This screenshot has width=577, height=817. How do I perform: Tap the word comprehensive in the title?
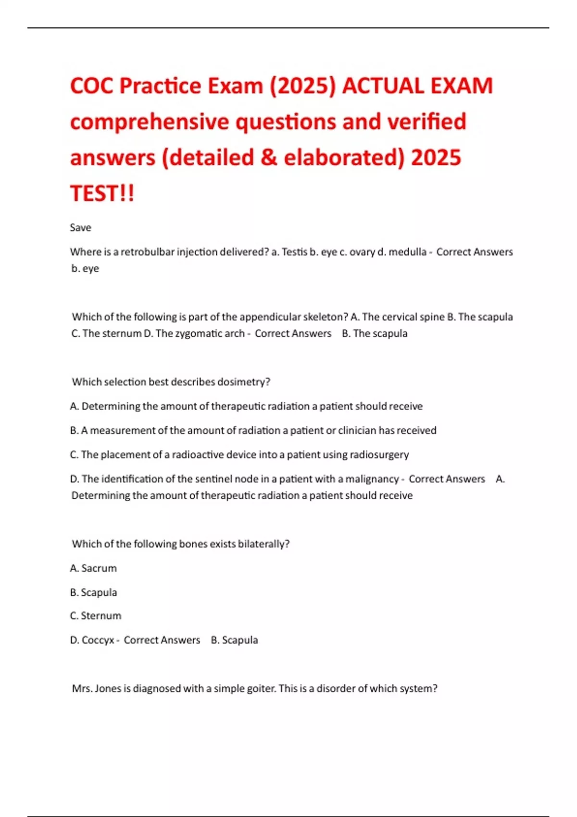(x=149, y=122)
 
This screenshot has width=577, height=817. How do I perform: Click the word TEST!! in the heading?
(x=102, y=194)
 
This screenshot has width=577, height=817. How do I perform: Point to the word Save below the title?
(x=80, y=227)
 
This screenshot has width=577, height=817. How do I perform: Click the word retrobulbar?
(x=147, y=252)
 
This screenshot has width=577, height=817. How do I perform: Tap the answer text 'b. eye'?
(x=85, y=268)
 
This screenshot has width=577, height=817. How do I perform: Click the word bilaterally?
(x=263, y=544)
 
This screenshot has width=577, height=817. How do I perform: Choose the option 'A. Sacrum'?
(x=93, y=568)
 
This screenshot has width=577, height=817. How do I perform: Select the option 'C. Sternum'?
(x=96, y=616)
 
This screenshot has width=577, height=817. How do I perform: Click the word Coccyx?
(x=98, y=640)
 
